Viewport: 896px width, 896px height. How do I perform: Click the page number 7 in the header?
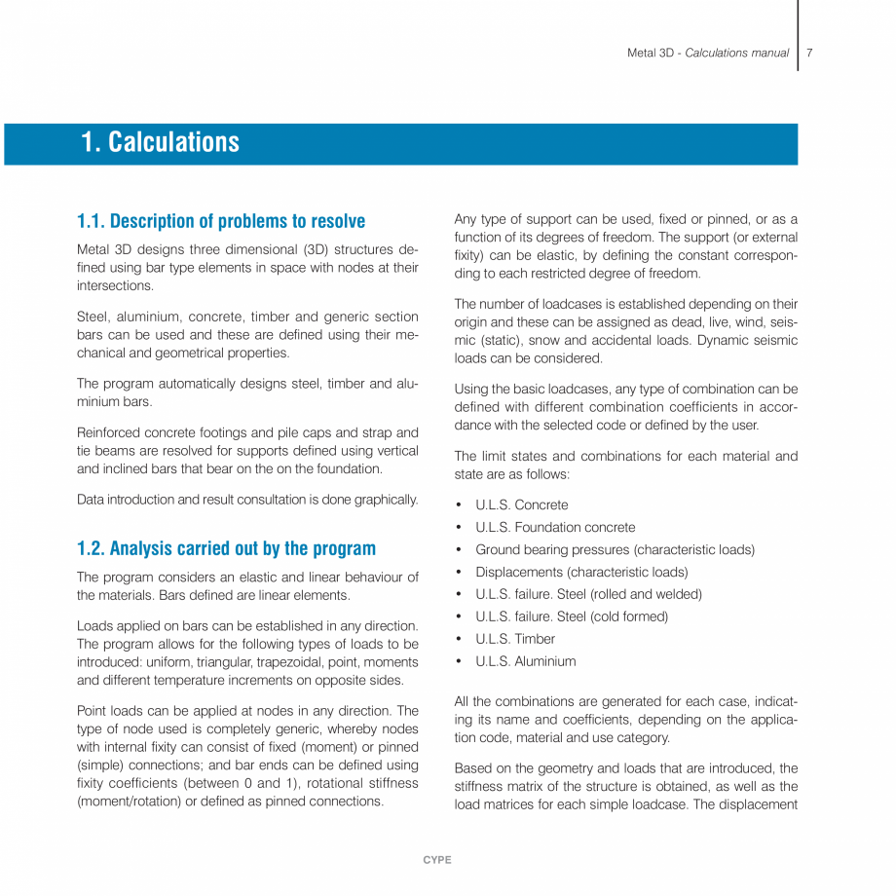tap(809, 53)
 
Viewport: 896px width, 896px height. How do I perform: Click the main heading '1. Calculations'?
tap(160, 142)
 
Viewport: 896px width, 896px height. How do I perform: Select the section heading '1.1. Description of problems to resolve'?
tap(221, 221)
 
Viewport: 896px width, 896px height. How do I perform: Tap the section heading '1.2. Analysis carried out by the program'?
tap(226, 548)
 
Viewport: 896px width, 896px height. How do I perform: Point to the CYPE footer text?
tap(437, 860)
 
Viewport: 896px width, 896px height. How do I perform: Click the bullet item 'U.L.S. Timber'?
tap(515, 639)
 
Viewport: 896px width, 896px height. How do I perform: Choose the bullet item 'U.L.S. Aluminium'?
tap(525, 661)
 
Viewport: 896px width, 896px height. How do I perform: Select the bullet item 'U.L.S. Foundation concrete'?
tap(555, 527)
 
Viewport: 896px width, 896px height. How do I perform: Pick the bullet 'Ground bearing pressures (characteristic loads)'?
tap(615, 549)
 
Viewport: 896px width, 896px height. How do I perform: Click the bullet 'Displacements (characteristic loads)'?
tap(581, 572)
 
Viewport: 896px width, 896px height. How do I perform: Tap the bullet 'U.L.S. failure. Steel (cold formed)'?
tap(572, 616)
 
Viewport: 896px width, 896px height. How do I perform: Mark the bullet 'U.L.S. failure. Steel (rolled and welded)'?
tap(588, 594)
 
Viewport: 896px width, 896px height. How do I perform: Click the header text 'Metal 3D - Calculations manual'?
tap(708, 53)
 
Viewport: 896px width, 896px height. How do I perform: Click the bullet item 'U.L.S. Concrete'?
tap(521, 504)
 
